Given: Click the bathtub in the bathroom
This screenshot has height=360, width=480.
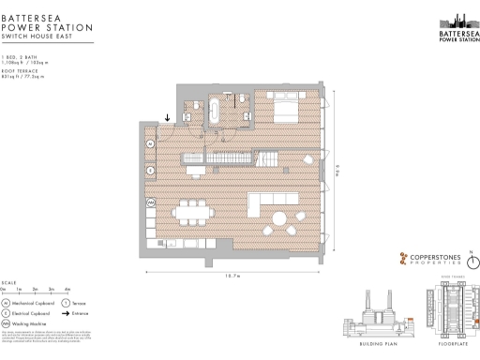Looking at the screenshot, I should pos(215,111).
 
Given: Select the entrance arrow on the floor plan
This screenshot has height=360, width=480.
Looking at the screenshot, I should pos(167,118).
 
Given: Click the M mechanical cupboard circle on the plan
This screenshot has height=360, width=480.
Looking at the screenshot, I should pos(151,143).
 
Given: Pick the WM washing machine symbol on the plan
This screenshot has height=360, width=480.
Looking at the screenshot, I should pos(151,203).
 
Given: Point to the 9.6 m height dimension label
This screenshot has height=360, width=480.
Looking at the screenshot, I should pos(337,170).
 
